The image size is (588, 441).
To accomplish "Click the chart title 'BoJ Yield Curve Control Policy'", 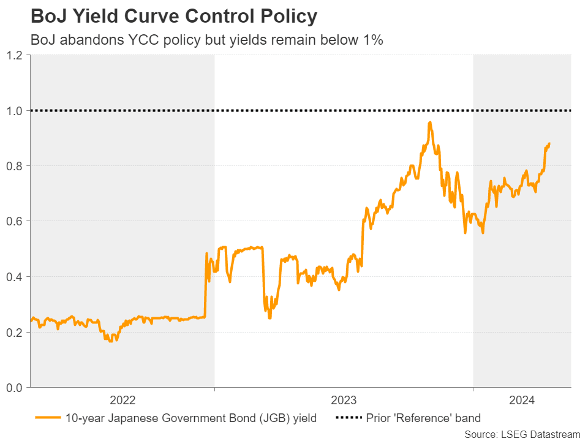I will click(x=173, y=17).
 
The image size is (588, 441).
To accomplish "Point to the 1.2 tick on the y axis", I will click(x=15, y=55).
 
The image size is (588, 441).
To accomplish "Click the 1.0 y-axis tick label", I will click(x=15, y=111).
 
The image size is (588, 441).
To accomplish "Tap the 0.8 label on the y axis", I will click(x=15, y=166).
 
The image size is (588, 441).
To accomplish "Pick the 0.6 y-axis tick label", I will click(x=15, y=221).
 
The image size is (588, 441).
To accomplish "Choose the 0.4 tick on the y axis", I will click(x=15, y=277).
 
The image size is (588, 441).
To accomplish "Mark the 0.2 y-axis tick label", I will click(x=15, y=332).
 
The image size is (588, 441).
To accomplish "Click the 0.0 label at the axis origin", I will click(x=15, y=387).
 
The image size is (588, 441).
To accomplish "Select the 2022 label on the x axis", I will click(x=123, y=401).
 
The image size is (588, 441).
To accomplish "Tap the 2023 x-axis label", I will click(x=344, y=401).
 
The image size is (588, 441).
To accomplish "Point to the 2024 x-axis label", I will click(x=522, y=401).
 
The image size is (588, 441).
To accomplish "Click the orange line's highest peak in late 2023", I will click(x=430, y=123).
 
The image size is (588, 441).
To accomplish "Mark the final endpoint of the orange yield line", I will click(x=549, y=144).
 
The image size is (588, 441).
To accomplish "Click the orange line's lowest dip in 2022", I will click(x=110, y=341).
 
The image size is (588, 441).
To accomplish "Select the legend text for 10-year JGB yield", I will click(x=191, y=418).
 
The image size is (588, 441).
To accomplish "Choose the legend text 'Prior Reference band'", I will click(x=423, y=418).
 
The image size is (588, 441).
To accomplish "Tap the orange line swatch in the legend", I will click(x=48, y=418).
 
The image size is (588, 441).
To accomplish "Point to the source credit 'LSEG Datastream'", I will click(x=522, y=434).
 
